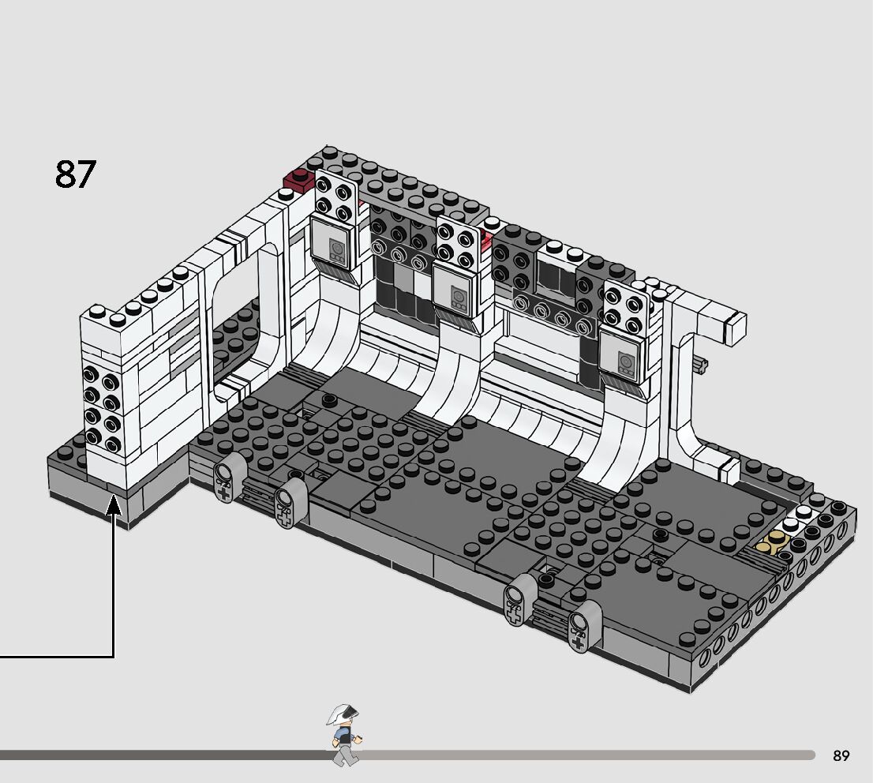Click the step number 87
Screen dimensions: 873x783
tap(76, 174)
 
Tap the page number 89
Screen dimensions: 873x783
tap(841, 756)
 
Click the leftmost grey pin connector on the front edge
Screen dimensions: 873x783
tap(224, 482)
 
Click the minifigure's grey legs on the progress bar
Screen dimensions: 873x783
tap(344, 754)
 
